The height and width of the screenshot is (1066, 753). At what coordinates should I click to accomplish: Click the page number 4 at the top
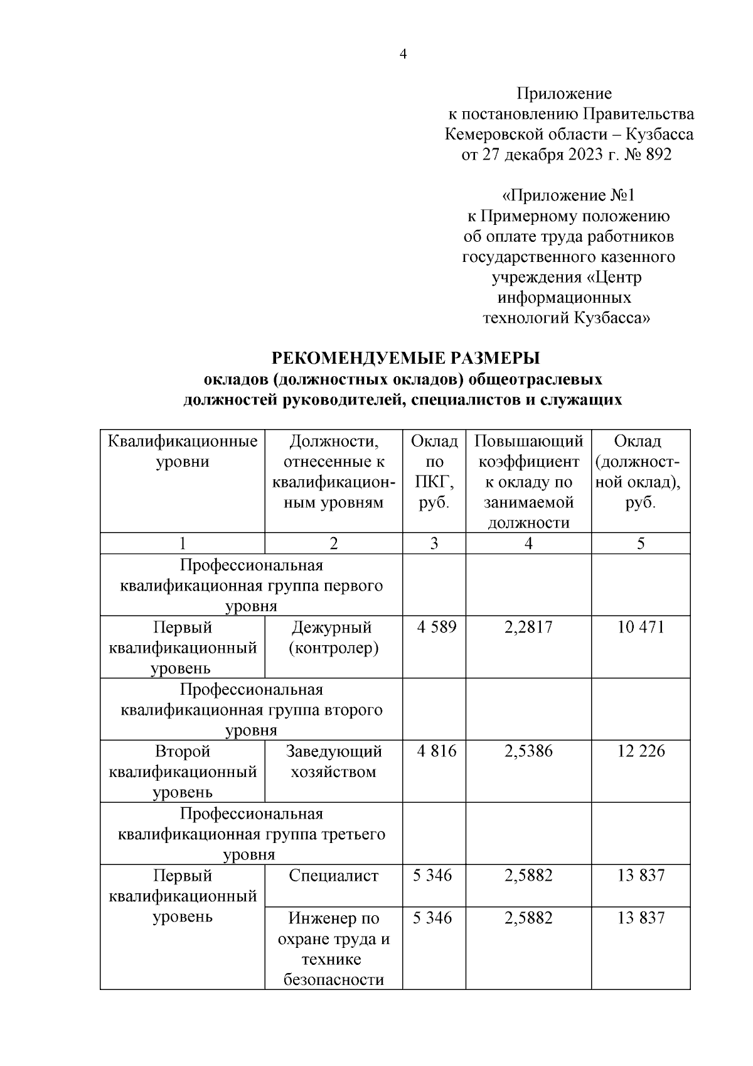click(x=403, y=55)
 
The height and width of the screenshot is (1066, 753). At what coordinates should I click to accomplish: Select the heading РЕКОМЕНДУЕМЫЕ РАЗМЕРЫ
click(x=405, y=358)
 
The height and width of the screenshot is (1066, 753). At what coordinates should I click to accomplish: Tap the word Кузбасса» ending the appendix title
click(x=612, y=318)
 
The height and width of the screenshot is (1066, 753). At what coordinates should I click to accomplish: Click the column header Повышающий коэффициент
click(x=528, y=481)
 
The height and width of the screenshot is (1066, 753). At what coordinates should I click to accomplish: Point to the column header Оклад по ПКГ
click(x=434, y=471)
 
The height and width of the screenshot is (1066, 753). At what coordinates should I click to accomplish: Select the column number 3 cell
click(x=434, y=543)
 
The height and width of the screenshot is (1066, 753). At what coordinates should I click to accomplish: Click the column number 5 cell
click(x=640, y=543)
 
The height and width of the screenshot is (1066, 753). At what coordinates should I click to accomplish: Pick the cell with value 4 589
click(x=434, y=627)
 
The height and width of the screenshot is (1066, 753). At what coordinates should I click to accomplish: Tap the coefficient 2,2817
click(x=528, y=627)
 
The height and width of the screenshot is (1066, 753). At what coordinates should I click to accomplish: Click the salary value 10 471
click(x=640, y=627)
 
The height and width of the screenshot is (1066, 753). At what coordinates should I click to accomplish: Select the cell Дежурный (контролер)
click(x=333, y=637)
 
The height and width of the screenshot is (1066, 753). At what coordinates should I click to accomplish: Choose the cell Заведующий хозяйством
click(x=333, y=761)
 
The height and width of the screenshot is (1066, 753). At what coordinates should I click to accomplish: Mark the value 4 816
click(x=434, y=751)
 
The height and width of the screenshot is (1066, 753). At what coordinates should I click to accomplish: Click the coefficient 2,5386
click(x=528, y=751)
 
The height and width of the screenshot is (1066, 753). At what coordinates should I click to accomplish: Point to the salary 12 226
click(x=640, y=751)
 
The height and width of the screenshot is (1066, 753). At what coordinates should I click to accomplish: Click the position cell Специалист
click(x=333, y=876)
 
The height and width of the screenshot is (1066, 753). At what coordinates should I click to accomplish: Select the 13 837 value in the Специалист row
click(x=640, y=876)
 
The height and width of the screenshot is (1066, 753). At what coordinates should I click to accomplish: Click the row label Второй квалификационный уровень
click(x=182, y=771)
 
